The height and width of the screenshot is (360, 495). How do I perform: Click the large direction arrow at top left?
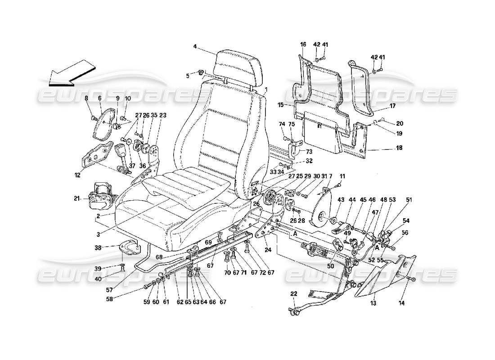click(x=70, y=74)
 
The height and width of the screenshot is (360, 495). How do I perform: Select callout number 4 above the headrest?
click(x=195, y=46)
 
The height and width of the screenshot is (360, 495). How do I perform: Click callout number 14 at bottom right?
click(x=401, y=303)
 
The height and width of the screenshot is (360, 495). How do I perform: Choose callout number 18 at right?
click(x=399, y=148)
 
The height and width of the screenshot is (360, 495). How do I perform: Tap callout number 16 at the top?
click(x=303, y=45)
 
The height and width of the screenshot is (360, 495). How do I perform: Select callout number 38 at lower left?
click(x=111, y=247)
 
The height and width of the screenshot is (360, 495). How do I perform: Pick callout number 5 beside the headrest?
click(x=188, y=76)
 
